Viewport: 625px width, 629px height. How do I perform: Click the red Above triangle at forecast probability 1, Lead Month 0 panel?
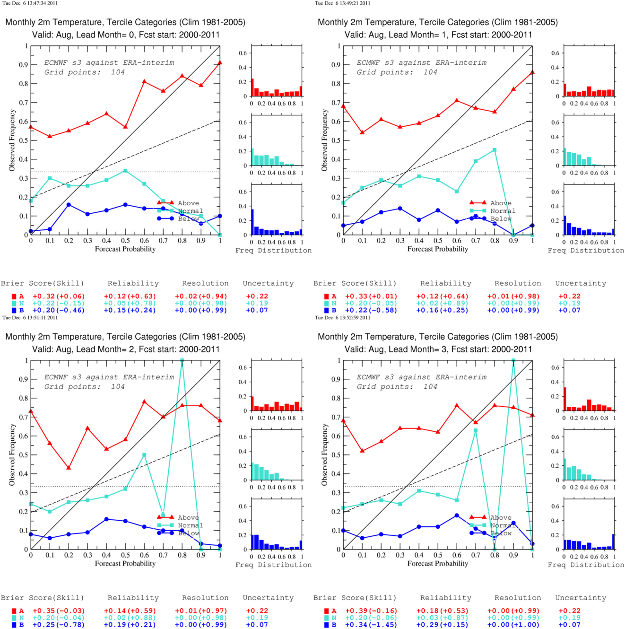pos(220,62)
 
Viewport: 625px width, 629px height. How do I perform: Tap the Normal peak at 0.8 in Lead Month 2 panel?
pos(182,361)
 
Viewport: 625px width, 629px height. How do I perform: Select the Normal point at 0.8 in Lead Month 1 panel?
pos(495,150)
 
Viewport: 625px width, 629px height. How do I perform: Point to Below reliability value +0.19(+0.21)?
pos(130,625)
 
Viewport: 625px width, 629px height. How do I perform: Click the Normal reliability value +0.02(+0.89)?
pos(442,303)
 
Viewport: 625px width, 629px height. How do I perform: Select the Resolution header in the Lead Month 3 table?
pos(518,598)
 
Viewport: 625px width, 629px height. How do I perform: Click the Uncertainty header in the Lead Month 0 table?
pos(268,283)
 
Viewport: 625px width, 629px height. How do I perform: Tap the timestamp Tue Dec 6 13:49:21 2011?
pos(343,3)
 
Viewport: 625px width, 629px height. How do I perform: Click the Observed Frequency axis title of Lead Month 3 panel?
pos(324,454)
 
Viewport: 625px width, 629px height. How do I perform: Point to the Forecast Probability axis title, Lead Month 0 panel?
pos(125,249)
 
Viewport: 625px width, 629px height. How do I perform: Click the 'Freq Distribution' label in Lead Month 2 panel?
pos(273,565)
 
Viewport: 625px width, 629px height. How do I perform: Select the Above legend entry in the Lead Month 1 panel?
pos(500,203)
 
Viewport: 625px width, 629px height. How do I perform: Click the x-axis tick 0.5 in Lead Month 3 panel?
pos(438,555)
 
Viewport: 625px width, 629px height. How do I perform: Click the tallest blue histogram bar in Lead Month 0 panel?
pos(252,222)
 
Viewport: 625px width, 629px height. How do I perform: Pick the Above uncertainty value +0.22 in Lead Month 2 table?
pos(257,611)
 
